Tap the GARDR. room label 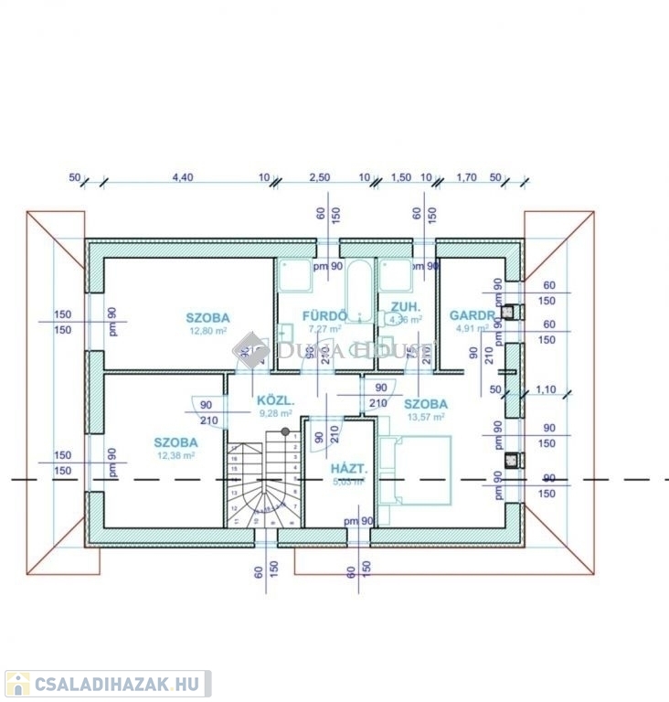[x=473, y=315]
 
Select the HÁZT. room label [x=348, y=468]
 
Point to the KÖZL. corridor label [x=274, y=400]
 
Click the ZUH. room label [x=405, y=306]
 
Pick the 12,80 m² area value [x=207, y=331]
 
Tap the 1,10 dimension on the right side [x=546, y=389]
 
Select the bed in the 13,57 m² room [x=416, y=469]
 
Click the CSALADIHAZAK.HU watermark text [x=119, y=684]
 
